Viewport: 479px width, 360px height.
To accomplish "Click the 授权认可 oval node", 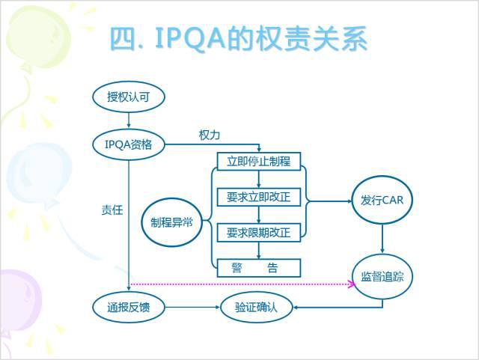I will coord(129,96).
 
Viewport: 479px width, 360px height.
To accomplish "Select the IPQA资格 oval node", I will coord(129,144).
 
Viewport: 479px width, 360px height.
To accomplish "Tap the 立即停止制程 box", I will coord(258,161).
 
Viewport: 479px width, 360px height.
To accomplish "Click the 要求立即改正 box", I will coord(258,197).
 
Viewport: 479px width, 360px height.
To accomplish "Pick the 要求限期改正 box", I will coord(258,233).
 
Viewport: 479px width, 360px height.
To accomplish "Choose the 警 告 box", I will coord(258,268).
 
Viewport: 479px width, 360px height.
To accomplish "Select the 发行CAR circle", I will coord(382,200).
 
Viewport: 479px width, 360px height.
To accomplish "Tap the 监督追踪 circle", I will coord(382,276).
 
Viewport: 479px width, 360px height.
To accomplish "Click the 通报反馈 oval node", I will coord(129,307).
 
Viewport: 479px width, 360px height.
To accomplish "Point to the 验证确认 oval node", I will coord(255,307).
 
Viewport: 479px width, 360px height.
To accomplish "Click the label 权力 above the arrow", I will coord(209,135).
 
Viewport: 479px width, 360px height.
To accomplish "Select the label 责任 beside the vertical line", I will coord(112,210).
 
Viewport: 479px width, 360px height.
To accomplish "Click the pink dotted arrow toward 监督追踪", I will coord(239,284).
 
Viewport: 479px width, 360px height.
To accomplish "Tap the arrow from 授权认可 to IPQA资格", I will coord(129,119).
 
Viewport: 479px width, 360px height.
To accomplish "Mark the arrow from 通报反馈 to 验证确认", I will coord(192,307).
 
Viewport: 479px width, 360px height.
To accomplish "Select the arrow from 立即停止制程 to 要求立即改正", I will coord(258,179).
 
